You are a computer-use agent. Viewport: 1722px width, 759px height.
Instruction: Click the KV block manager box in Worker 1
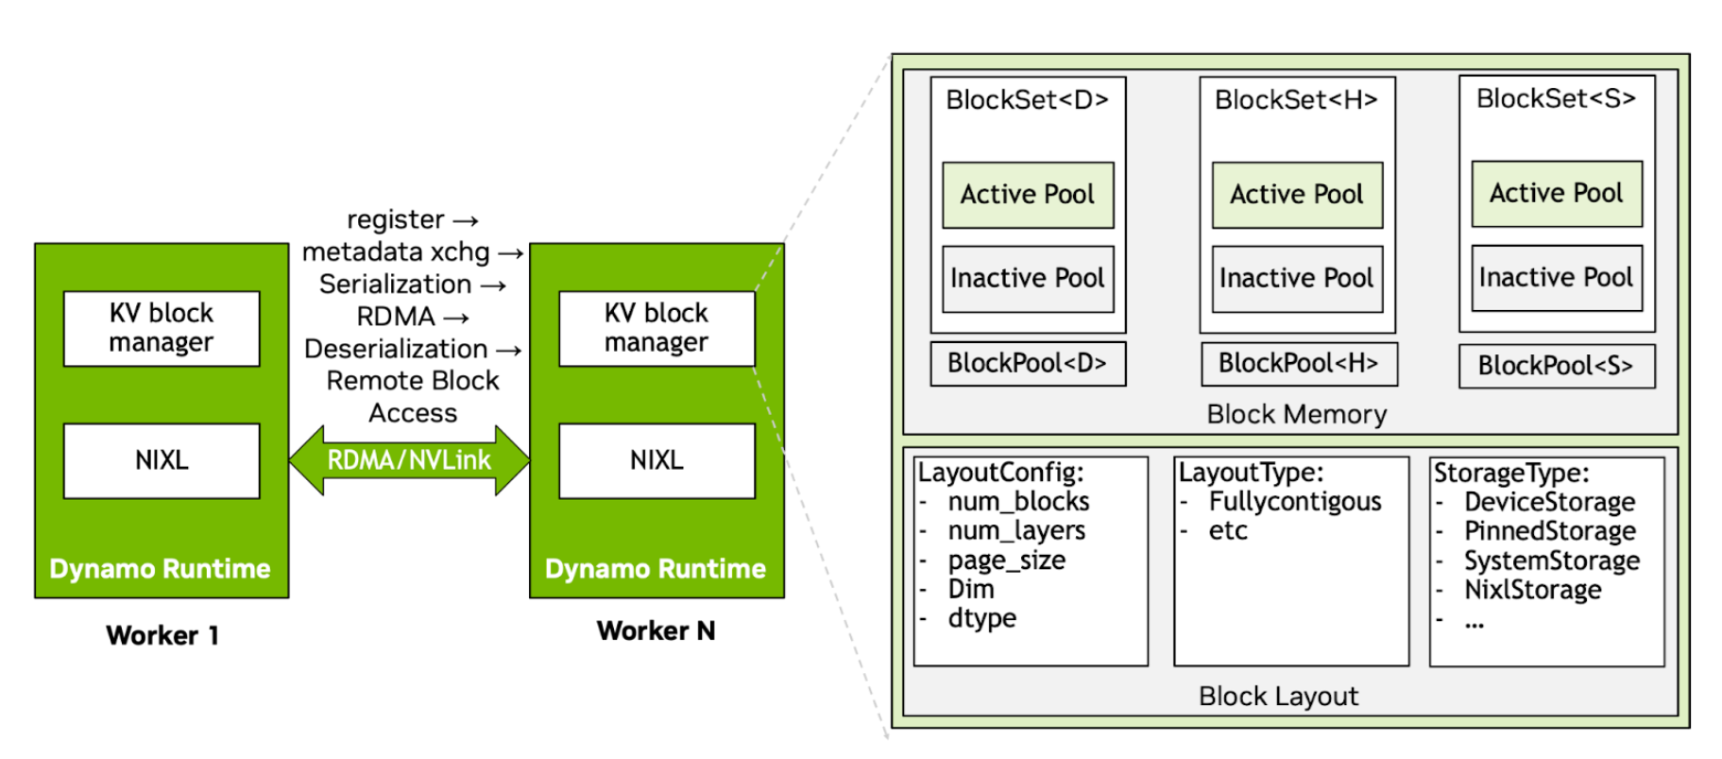[162, 328]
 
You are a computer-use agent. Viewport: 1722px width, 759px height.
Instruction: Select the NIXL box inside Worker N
[656, 460]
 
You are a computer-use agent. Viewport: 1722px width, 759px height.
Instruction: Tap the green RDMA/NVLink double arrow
[409, 460]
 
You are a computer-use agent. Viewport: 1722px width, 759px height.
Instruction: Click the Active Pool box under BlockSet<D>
[1028, 195]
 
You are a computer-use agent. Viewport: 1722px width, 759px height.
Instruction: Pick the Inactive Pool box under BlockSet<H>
[1297, 279]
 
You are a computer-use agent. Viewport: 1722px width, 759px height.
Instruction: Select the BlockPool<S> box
[1556, 366]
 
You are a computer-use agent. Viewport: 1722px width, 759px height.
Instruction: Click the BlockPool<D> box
[1028, 364]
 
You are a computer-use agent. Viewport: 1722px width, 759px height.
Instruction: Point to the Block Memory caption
[1296, 414]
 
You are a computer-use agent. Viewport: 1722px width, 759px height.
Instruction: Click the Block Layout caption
[1278, 697]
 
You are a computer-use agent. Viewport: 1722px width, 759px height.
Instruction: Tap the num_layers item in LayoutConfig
[1016, 531]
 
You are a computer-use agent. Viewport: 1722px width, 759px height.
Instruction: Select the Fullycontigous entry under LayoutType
[1294, 502]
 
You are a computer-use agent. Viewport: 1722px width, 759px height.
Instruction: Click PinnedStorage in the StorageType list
[1549, 531]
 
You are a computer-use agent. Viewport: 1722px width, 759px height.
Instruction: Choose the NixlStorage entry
[1532, 590]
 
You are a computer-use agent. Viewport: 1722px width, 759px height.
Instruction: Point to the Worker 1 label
[162, 635]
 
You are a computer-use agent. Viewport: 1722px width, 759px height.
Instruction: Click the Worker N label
[656, 631]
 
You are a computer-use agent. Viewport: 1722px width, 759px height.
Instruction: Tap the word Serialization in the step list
[395, 285]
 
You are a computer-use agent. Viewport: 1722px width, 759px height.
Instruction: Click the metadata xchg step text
[396, 252]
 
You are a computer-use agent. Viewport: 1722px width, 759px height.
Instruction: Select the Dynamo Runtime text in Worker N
[656, 569]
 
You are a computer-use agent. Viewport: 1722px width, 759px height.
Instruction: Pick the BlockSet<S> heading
[1556, 99]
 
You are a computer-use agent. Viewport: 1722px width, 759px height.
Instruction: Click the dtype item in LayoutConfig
[982, 619]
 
